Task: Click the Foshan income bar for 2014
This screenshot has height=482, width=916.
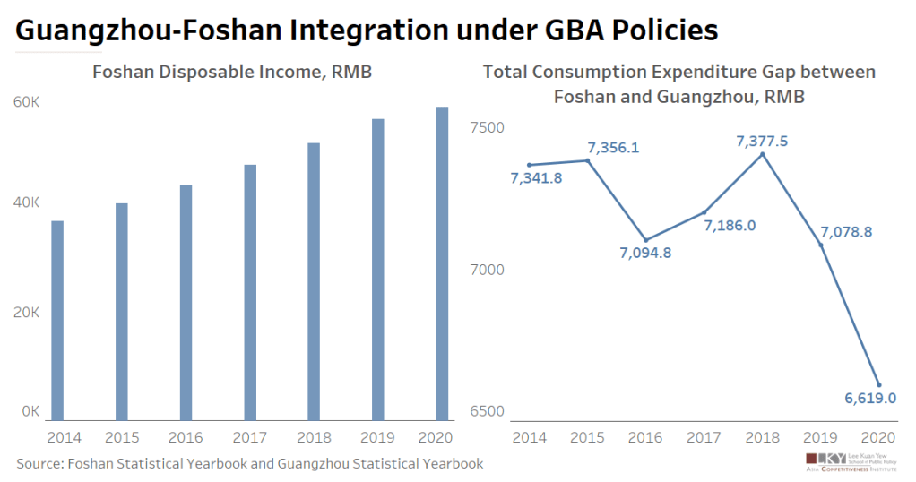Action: point(57,320)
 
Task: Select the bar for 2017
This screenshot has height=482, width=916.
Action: point(250,292)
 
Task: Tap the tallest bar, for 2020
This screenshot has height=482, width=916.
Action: point(442,263)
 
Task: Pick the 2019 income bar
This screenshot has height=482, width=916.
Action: point(378,269)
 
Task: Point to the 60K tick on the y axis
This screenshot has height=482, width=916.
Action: point(26,102)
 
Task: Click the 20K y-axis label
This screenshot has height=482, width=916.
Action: point(26,313)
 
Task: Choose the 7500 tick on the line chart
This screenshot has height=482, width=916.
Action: point(488,127)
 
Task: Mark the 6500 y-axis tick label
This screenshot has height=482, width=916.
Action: point(488,412)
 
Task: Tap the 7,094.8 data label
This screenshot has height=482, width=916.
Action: point(644,252)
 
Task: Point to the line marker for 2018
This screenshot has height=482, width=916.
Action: point(762,154)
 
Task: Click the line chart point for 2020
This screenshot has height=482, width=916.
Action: point(878,385)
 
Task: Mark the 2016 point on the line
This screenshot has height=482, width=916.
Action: point(646,239)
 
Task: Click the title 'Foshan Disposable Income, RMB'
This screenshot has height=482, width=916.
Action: point(232,73)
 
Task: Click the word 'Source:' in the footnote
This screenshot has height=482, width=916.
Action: point(43,463)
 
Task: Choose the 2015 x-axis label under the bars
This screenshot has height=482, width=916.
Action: point(121,437)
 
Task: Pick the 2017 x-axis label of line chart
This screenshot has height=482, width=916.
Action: point(705,437)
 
